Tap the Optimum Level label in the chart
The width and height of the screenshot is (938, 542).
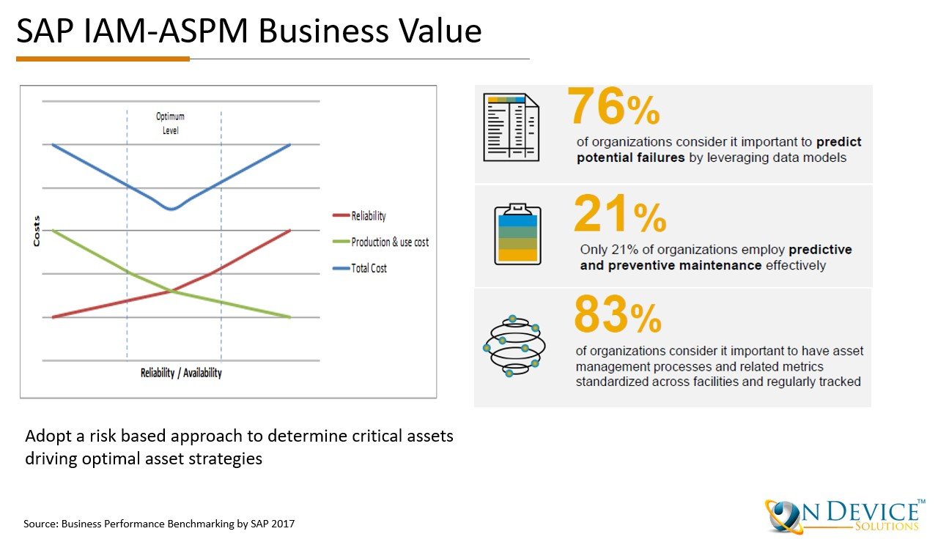(x=170, y=123)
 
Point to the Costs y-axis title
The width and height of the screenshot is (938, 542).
(x=36, y=231)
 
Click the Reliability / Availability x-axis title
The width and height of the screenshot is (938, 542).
(x=181, y=373)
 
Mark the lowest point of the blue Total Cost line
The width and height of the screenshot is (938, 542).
(x=171, y=209)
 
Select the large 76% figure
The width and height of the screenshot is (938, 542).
(x=614, y=108)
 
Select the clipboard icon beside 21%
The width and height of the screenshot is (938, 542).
(x=517, y=234)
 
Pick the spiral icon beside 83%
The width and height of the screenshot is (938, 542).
(x=512, y=346)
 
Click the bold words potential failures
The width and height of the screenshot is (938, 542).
(x=631, y=157)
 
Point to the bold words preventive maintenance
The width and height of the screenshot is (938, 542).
(x=671, y=265)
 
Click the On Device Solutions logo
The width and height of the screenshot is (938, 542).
(x=843, y=514)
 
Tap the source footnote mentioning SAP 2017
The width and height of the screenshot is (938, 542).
(x=160, y=524)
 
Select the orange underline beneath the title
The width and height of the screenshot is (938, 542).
(x=103, y=59)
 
